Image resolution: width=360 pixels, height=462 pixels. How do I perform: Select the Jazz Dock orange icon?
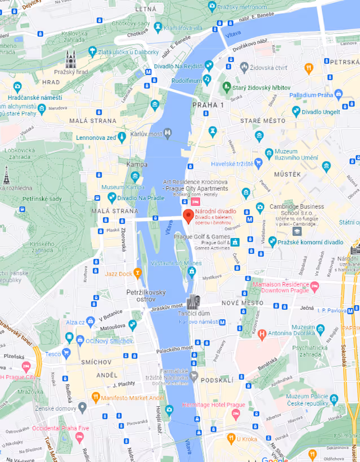pos(137,274)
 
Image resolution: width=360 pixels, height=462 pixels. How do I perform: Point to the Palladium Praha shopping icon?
pos(338,94)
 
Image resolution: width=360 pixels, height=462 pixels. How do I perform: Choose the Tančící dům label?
pos(194,313)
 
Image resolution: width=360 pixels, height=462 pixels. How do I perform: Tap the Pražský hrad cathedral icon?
pos(71,59)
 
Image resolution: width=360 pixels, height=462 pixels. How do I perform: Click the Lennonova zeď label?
pos(95,138)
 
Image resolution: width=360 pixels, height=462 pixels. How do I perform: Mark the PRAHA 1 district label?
pos(208,105)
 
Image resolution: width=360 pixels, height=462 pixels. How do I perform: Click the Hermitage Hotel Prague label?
pos(213,405)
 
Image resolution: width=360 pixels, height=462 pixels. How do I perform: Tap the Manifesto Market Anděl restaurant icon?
pos(96,397)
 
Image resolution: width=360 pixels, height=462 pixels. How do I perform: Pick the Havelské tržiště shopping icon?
pos(258,164)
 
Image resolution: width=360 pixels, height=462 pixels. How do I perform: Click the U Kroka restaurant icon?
pos(231,438)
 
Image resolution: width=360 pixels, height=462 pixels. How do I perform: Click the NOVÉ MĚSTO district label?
pos(242,303)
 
